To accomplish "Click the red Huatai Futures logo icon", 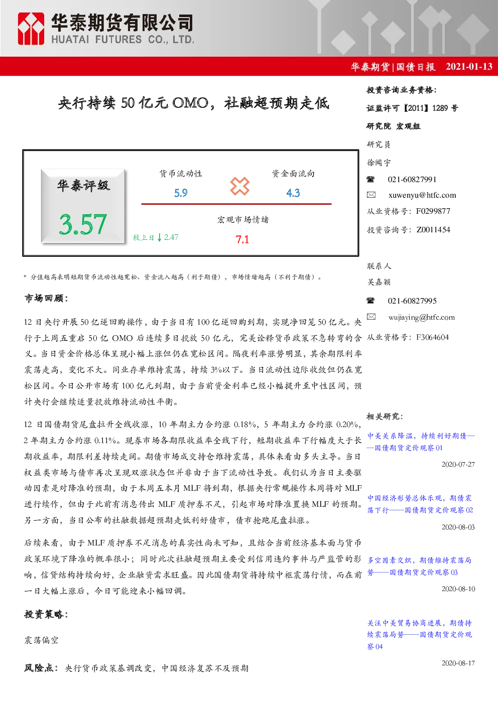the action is [x=31, y=29].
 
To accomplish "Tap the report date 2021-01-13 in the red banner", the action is [x=469, y=66].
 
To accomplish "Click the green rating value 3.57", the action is [x=83, y=224].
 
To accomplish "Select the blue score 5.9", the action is [x=181, y=193].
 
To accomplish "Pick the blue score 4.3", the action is [x=293, y=193].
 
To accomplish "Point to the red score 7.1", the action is [x=242, y=239].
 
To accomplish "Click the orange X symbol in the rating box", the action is [x=239, y=186].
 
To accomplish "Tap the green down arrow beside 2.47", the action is [x=160, y=237].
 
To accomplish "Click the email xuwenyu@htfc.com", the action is [x=422, y=195].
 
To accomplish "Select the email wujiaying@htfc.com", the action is [x=422, y=317].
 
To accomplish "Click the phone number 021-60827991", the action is [x=412, y=180].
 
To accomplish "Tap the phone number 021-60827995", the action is [x=412, y=301].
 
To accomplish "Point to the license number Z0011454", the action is [x=433, y=230].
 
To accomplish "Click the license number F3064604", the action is [x=433, y=337].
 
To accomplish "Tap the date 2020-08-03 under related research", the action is [x=458, y=527].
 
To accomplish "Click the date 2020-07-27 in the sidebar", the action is [x=458, y=465].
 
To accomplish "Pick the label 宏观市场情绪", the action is [x=242, y=220].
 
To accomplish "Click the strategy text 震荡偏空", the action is [x=41, y=640].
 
